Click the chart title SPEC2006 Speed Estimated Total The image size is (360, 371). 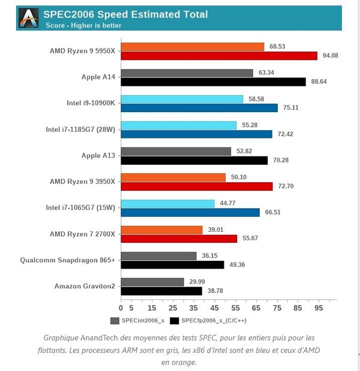[127, 14]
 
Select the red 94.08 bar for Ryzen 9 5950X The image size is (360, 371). [219, 56]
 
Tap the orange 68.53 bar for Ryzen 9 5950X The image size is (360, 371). [193, 46]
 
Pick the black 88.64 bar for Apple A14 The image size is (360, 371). [214, 82]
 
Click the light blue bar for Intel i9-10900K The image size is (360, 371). [182, 99]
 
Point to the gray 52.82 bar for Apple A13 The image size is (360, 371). [176, 151]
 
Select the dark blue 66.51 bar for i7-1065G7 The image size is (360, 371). [190, 212]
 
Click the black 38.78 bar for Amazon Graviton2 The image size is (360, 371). [161, 291]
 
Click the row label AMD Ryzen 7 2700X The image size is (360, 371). [83, 234]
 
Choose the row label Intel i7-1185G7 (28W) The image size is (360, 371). [80, 129]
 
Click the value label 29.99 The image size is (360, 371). [197, 281]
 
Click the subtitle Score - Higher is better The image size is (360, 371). [83, 25]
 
